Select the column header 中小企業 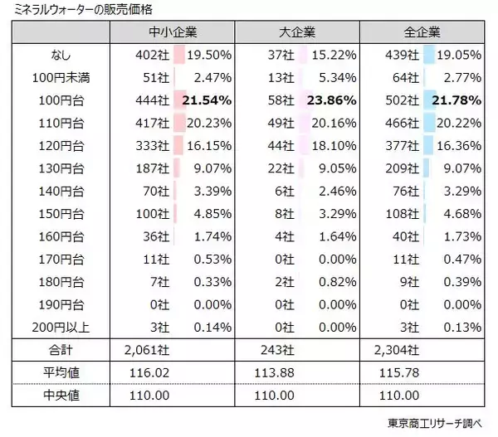(x=173, y=33)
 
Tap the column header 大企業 (x=296, y=33)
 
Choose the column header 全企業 (x=422, y=33)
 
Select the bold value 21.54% (x=206, y=100)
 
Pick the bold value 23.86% (x=331, y=100)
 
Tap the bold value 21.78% (x=456, y=100)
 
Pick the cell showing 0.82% (x=334, y=281)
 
